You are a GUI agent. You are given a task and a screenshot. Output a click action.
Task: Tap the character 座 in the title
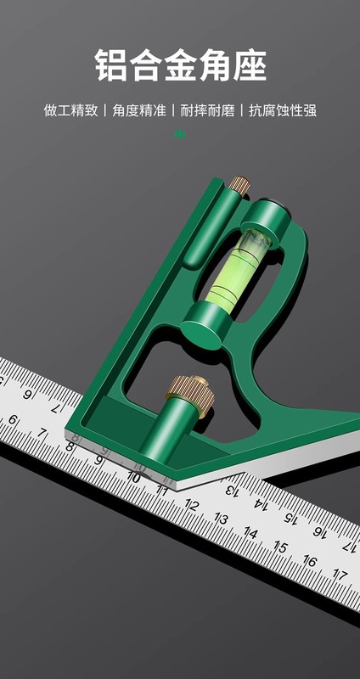(250, 65)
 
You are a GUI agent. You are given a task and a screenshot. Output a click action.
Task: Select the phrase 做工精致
(70, 110)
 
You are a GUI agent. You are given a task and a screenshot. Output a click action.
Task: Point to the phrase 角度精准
(139, 110)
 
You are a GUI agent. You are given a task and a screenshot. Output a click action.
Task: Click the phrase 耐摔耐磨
(207, 110)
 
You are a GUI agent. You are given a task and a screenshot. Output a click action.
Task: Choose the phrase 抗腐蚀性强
(283, 110)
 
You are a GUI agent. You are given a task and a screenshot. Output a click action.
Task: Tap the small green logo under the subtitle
(180, 134)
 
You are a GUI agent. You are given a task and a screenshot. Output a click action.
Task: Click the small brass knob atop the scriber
(239, 184)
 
